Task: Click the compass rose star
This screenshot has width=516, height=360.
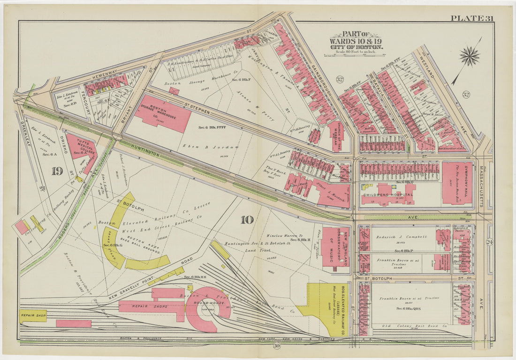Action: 470,57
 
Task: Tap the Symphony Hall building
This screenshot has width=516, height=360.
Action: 457,183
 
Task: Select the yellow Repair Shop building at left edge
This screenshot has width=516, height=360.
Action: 33,315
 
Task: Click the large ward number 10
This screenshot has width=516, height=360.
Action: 247,220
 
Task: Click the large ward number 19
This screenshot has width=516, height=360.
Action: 57,171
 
